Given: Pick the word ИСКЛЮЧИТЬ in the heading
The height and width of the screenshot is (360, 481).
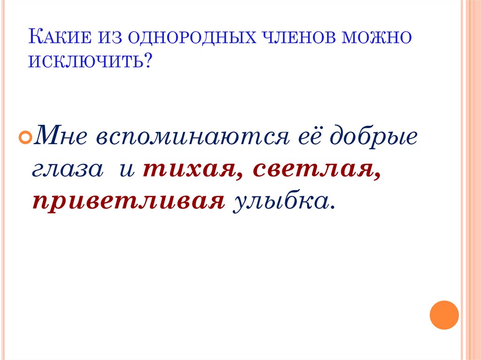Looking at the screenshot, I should (87, 61).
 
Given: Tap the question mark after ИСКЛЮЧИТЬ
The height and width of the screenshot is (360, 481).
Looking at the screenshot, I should (151, 61).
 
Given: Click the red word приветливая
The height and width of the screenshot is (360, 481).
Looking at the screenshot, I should (127, 201).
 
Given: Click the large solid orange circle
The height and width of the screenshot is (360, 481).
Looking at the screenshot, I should (444, 314).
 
